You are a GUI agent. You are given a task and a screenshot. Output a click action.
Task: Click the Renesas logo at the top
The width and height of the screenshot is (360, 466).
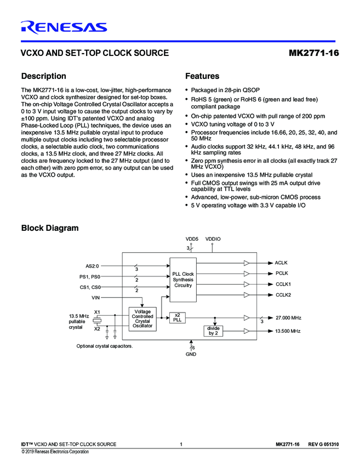click(64, 27)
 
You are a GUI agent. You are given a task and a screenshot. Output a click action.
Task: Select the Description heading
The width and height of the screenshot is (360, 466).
click(43, 76)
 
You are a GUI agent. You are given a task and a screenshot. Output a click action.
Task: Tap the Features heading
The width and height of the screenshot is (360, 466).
click(202, 76)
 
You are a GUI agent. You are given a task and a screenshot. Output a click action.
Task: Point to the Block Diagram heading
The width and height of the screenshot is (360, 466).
click(49, 228)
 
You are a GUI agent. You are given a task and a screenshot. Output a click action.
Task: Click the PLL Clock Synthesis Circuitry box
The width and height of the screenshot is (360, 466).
click(183, 280)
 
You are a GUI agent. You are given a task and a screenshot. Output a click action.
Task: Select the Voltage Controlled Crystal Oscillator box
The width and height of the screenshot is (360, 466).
click(142, 319)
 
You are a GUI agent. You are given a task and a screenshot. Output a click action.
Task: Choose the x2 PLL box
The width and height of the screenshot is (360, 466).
click(177, 317)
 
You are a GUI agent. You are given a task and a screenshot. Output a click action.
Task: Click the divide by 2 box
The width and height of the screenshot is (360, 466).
click(213, 330)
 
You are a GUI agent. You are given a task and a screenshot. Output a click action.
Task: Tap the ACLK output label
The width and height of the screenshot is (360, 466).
click(282, 263)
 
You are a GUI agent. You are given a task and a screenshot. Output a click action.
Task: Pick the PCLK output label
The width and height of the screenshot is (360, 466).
click(282, 273)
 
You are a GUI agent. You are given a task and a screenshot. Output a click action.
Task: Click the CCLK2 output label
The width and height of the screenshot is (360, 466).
click(283, 295)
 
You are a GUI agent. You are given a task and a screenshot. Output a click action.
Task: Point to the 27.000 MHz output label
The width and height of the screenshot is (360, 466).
click(288, 317)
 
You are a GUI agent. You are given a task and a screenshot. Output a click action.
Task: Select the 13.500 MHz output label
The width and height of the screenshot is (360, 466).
click(288, 331)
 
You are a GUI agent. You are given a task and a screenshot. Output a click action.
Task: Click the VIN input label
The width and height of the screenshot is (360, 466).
click(95, 297)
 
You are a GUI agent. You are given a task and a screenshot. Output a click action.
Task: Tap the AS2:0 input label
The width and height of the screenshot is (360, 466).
click(93, 266)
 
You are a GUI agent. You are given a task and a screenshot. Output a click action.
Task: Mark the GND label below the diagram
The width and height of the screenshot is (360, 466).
click(191, 354)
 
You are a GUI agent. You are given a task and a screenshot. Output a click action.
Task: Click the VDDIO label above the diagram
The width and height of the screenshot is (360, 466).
click(213, 239)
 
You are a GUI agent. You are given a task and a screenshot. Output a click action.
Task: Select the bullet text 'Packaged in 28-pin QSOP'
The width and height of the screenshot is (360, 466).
click(225, 90)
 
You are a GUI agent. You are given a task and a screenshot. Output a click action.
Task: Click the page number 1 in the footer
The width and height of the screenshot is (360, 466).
click(180, 444)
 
